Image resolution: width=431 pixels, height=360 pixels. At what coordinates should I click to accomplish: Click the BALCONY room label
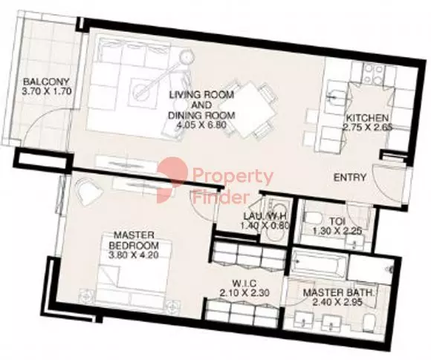46,82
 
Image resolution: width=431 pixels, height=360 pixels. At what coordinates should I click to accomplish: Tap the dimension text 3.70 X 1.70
47,91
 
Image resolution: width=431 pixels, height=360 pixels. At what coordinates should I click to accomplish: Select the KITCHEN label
367,118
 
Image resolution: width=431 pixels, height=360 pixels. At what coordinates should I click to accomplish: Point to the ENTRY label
350,177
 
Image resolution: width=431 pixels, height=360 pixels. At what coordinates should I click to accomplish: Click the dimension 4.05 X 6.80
202,125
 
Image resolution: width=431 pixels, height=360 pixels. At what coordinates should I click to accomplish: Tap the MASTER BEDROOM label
134,240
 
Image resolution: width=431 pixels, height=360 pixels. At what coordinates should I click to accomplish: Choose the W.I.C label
244,283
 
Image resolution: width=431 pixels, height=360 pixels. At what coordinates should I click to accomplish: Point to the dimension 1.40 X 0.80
265,226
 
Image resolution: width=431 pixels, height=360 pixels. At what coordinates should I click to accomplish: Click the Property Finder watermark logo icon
172,180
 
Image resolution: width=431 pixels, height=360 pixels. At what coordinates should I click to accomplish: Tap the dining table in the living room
248,110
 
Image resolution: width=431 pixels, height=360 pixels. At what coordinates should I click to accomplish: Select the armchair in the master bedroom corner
88,191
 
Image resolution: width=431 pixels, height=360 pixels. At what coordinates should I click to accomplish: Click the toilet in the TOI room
314,217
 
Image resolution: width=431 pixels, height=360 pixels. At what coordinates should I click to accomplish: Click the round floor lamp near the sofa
187,57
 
